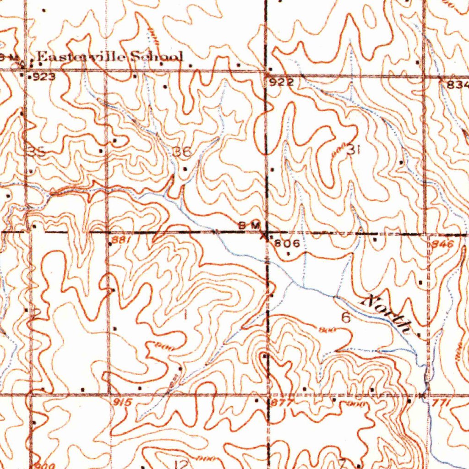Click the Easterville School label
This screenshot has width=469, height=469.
110,57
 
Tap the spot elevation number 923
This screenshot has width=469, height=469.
44,77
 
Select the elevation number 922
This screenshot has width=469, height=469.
278,82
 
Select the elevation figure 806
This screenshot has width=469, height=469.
288,244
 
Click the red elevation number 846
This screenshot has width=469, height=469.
442,245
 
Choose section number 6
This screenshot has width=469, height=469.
346,317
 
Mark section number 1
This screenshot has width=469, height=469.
185,315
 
